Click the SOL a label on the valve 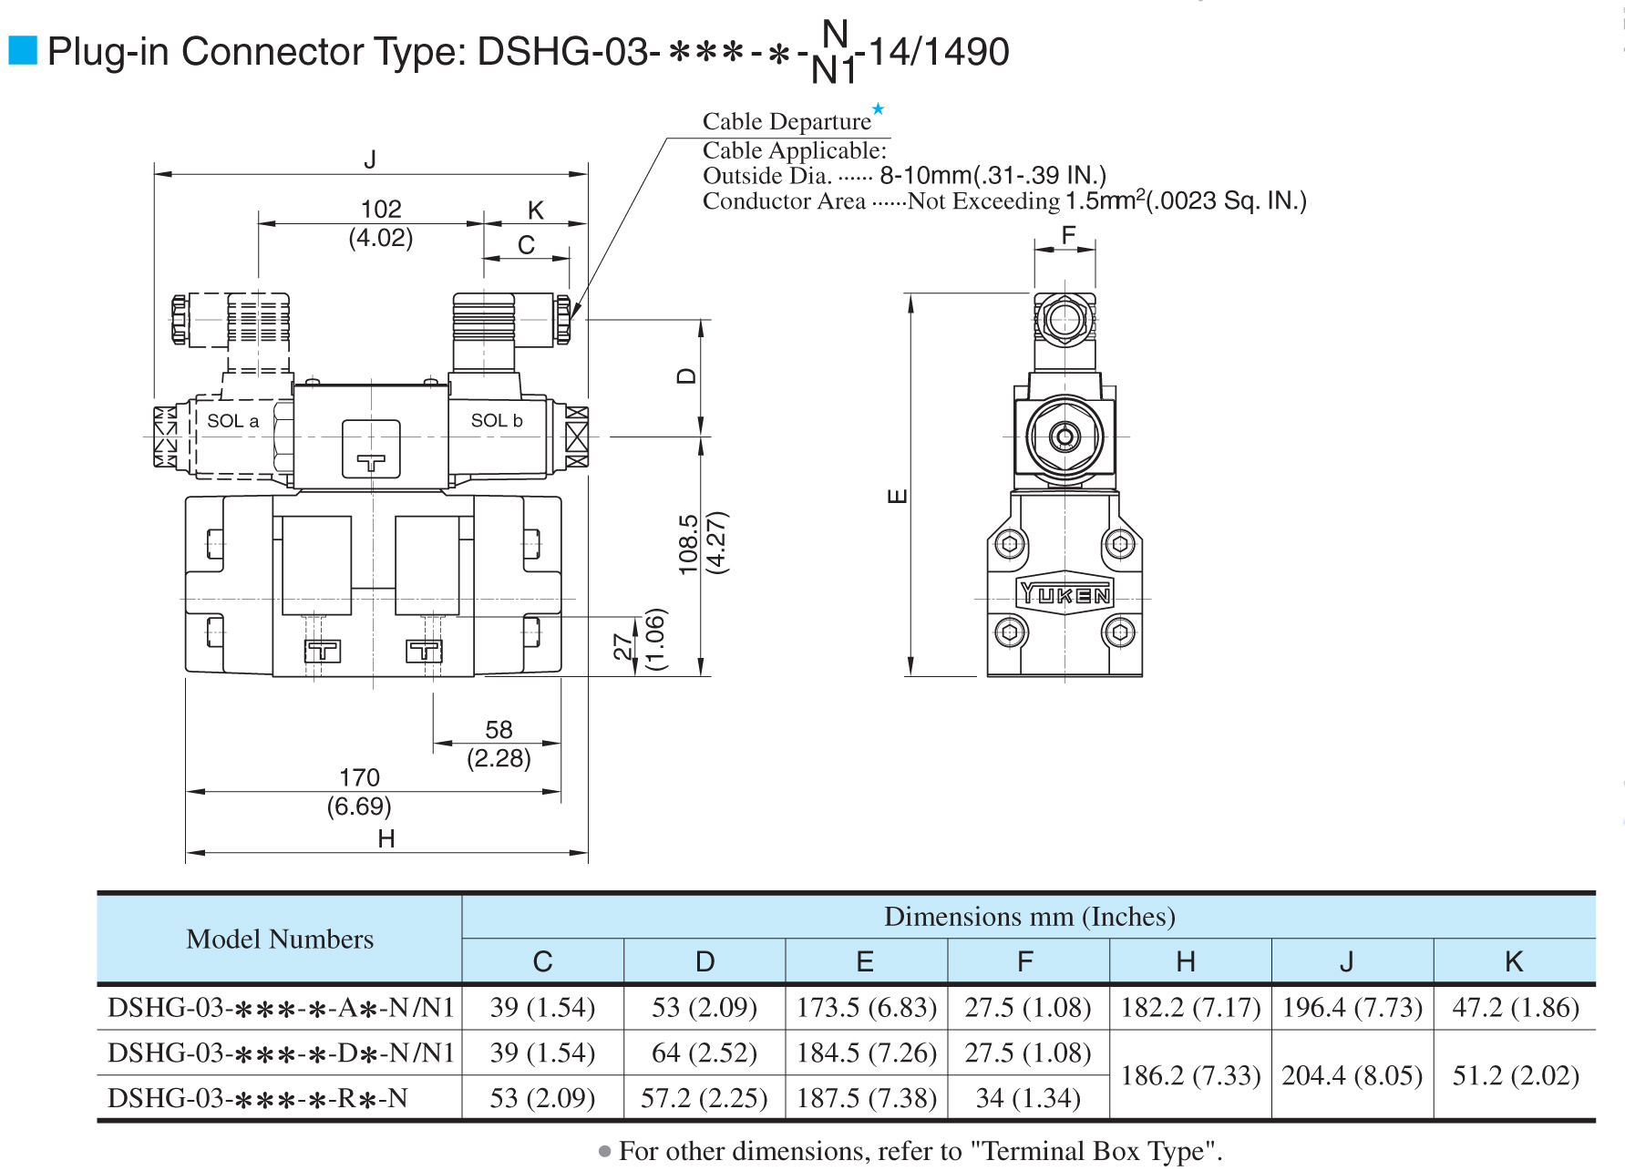232,421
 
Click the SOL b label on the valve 496,420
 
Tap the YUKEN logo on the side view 1064,595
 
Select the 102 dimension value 381,210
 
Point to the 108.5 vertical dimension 688,544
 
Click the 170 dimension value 359,777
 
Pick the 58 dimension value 499,730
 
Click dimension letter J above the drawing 370,159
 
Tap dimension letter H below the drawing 386,838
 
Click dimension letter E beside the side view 898,497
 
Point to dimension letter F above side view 1069,235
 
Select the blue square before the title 23,51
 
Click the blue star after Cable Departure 878,109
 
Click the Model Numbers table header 280,940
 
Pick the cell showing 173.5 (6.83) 867,1008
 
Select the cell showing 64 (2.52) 705,1053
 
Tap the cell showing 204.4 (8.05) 1352,1076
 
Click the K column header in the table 1514,961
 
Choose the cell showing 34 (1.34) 1028,1099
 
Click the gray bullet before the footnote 605,1152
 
